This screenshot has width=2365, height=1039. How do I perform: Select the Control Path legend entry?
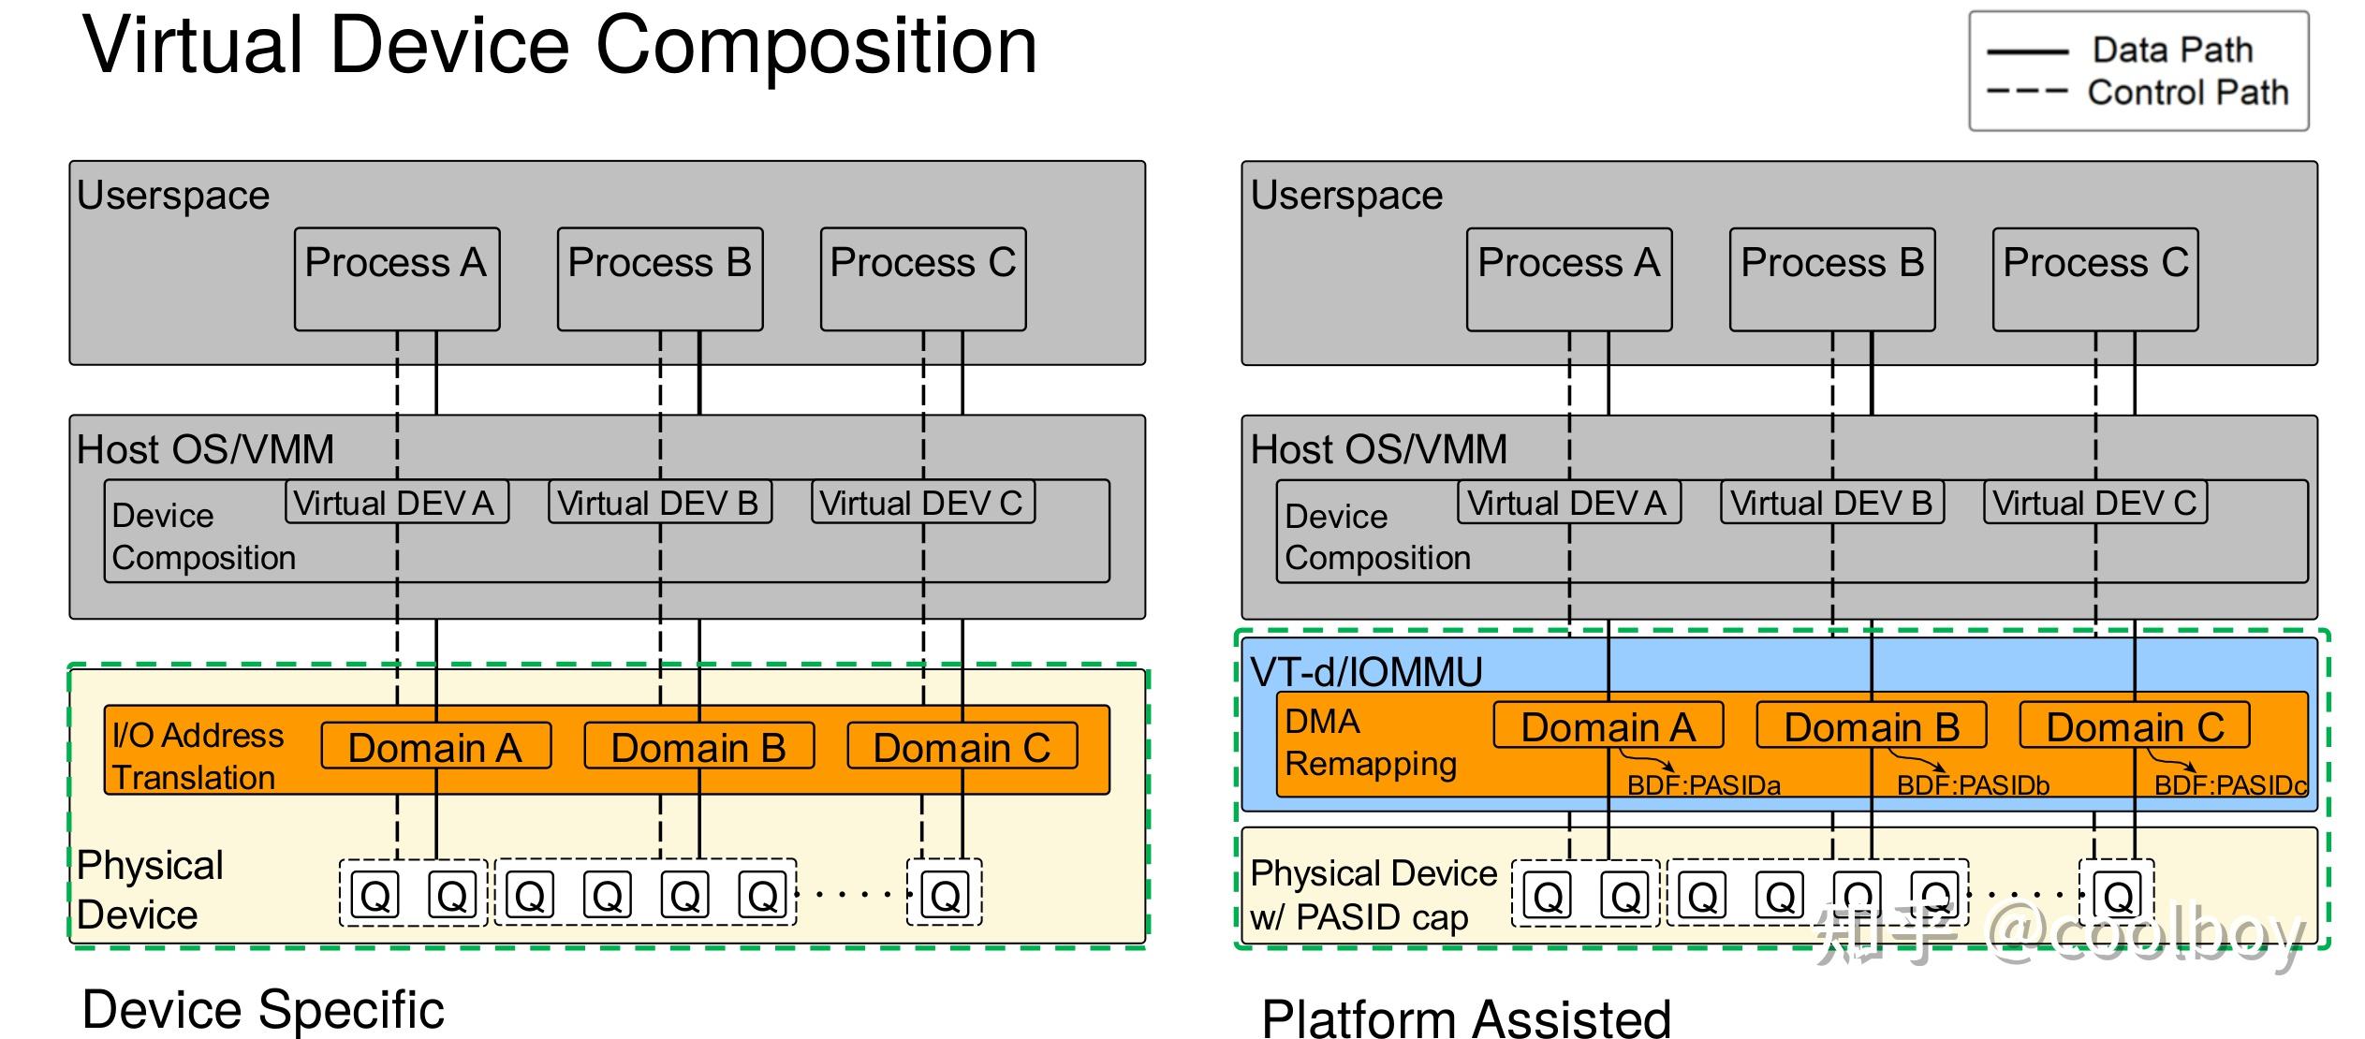tap(2186, 93)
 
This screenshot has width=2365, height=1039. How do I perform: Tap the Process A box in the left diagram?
tap(396, 278)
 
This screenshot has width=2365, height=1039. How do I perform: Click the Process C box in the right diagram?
tap(2094, 278)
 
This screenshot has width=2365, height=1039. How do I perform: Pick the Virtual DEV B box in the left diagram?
tap(659, 503)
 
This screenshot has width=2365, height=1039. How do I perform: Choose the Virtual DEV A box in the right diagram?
tap(1568, 503)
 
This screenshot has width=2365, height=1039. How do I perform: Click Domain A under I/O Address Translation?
tap(435, 747)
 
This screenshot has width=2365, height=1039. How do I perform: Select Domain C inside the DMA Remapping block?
tap(2134, 726)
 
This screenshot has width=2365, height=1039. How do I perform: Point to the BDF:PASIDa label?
tap(1703, 785)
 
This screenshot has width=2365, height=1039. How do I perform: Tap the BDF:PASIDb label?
tap(1973, 785)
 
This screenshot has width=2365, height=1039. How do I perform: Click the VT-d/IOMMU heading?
tap(1366, 672)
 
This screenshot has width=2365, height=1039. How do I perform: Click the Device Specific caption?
tap(262, 1009)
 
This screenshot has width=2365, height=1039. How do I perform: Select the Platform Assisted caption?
tap(1465, 1018)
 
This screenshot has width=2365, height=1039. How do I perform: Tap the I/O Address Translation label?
tap(197, 756)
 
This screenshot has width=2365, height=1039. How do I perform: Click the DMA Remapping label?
tap(1369, 742)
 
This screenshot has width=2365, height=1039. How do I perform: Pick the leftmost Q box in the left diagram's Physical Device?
tap(375, 896)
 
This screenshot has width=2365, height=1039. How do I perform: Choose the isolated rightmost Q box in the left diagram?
tap(944, 896)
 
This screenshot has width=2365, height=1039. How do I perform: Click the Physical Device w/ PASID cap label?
tap(1373, 895)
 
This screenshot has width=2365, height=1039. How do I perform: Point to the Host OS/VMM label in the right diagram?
tap(1378, 449)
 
